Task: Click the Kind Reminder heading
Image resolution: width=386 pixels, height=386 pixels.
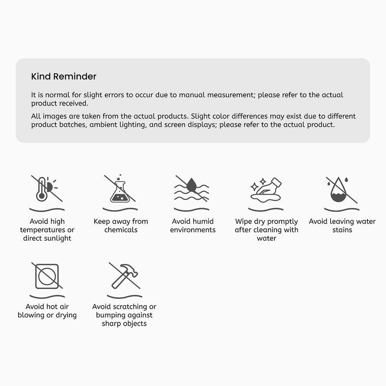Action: coord(63,76)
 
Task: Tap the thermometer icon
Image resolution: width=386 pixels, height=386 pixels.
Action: coord(41,189)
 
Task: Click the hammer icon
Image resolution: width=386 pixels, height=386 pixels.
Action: coord(125,276)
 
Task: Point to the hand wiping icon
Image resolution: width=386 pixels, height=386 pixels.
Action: coord(266,190)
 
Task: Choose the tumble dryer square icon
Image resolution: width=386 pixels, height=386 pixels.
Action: coord(47,276)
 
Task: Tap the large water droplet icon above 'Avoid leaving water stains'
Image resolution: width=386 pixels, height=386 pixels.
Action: coord(339,190)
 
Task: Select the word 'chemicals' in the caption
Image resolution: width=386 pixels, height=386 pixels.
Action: coord(121,230)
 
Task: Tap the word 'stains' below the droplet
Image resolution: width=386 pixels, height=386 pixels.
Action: coord(342,230)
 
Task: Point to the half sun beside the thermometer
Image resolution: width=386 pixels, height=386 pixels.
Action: coord(50,187)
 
